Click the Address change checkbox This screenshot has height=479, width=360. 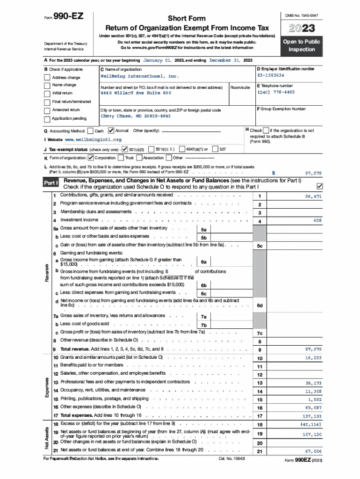pyautogui.click(x=47, y=78)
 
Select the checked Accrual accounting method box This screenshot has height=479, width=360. pyautogui.click(x=111, y=131)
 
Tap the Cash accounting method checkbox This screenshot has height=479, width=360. pyautogui.click(x=91, y=131)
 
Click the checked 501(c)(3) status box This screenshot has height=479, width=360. pyautogui.click(x=125, y=150)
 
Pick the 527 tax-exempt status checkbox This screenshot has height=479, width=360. pyautogui.click(x=215, y=150)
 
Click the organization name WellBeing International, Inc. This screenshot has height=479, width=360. pyautogui.click(x=140, y=76)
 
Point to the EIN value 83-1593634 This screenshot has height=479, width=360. pyautogui.click(x=271, y=75)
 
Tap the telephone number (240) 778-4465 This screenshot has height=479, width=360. pyautogui.click(x=276, y=92)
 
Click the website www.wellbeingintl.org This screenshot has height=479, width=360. pyautogui.click(x=93, y=140)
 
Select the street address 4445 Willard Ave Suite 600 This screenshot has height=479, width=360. pyautogui.click(x=133, y=93)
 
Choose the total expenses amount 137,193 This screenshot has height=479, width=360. pyautogui.click(x=311, y=415)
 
